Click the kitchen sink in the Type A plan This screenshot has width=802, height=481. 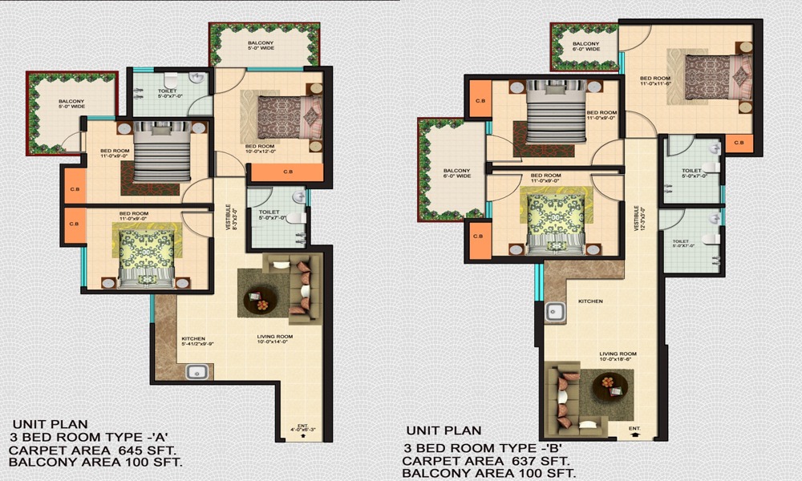[196, 371]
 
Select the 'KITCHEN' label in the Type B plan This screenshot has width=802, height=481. [591, 301]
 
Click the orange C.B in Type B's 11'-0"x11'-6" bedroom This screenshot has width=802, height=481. [739, 143]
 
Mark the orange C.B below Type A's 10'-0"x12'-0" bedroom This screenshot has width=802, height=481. [286, 172]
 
